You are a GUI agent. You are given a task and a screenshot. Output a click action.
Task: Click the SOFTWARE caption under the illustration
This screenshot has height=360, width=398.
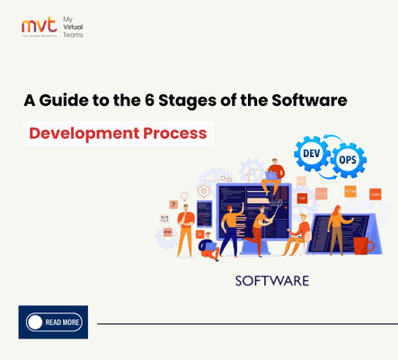[270, 281]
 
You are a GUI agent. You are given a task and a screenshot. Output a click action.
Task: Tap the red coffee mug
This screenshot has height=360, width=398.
[361, 243]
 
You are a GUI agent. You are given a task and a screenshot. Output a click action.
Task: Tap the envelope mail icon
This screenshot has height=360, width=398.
[165, 218]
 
